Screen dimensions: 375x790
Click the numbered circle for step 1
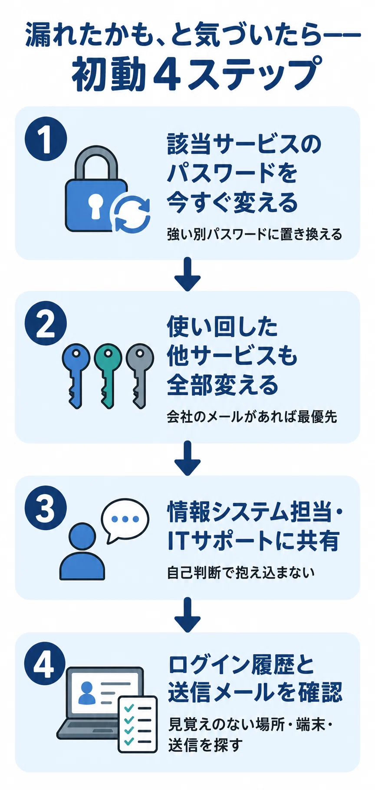pyautogui.click(x=46, y=140)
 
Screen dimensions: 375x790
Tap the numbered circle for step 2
pyautogui.click(x=46, y=322)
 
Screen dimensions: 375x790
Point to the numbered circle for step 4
pyautogui.click(x=46, y=664)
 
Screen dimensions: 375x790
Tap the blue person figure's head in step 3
pyautogui.click(x=82, y=536)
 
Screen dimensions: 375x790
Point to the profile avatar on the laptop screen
pyautogui.click(x=87, y=693)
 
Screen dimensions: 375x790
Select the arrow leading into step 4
pyautogui.click(x=187, y=615)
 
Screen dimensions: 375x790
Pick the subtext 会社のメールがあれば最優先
pyautogui.click(x=252, y=417)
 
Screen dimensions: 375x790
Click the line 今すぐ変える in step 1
pyautogui.click(x=233, y=203)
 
